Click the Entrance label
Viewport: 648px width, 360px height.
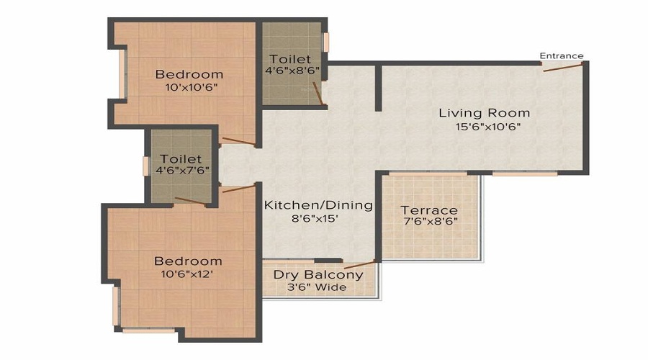[562, 56]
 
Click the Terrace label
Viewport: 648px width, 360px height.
[430, 210]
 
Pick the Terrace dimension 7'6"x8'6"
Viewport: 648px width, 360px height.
[430, 222]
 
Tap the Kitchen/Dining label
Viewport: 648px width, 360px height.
[318, 205]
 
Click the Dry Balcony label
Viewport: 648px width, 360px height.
[318, 274]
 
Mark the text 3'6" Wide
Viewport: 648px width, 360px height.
[318, 287]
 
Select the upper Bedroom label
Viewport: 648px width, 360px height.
[189, 74]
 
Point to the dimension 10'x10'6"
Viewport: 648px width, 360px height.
[189, 87]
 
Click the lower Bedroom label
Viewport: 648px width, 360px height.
[189, 261]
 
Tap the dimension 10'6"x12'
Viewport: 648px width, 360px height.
[189, 274]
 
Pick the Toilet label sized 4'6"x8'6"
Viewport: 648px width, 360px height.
[290, 58]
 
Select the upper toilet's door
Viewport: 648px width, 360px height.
[317, 93]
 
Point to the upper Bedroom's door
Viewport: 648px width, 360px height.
[237, 142]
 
